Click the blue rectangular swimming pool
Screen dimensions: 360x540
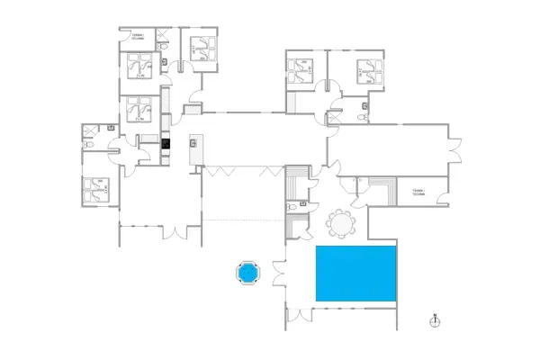point(356,274)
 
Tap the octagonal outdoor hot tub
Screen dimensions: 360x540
point(247,272)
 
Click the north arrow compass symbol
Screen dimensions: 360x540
point(434,320)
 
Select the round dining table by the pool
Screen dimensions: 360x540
point(340,221)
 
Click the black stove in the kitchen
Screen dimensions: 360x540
point(166,143)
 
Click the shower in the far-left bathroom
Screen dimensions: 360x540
point(89,130)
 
